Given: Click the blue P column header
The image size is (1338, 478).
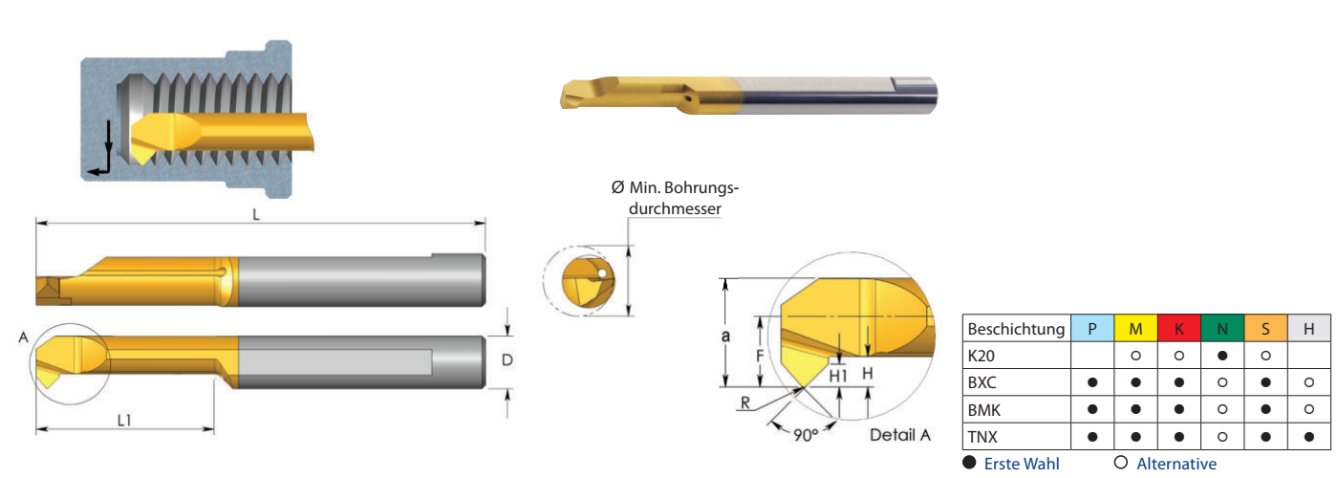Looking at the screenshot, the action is coord(1091,328).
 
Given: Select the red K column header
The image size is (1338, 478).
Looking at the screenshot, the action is coord(1179,328).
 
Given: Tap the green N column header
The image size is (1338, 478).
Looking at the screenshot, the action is coord(1222,328).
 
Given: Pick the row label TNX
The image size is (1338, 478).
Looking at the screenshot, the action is coord(983,437).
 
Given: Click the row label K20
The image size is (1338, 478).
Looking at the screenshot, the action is coord(982,356).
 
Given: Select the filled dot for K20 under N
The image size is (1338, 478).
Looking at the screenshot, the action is coord(1222,356).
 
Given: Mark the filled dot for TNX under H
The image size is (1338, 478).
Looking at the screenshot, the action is coord(1308,437).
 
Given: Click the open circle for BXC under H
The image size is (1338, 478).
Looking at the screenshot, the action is coord(1308,382).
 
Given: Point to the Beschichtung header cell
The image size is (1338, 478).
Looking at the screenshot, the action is coord(1017,328).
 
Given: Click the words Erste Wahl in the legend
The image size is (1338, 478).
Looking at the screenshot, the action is coord(1022,464).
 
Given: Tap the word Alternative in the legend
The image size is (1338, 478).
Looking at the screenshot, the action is coord(1176,464).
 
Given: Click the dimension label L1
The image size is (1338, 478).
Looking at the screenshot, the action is coord(123,421).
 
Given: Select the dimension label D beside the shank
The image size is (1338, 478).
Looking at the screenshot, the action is coord(507,359).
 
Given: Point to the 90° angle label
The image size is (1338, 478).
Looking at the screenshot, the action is coord(805,435).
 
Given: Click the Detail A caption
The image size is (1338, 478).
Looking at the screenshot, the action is coord(899,435).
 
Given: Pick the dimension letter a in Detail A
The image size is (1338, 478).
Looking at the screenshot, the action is coord(725,337).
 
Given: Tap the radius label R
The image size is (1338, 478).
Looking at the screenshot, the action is coord(745,402).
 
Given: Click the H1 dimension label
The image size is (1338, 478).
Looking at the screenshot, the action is coord(838,376).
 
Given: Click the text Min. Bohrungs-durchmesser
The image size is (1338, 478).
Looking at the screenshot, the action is coord(675,198).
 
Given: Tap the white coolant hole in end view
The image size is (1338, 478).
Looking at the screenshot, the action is coord(602,273).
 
